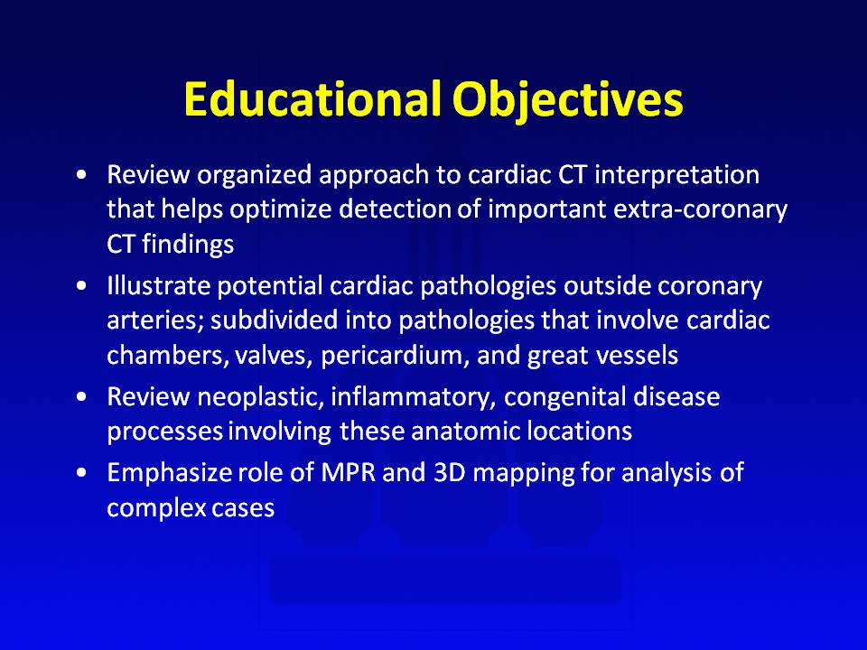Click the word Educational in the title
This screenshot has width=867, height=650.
point(312,99)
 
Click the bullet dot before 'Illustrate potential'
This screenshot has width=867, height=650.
point(82,286)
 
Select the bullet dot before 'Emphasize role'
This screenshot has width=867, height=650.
point(82,473)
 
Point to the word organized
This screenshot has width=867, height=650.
point(255,176)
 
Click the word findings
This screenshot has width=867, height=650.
point(188,245)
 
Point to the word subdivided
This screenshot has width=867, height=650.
point(274,320)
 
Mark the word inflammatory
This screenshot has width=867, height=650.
point(413,398)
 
